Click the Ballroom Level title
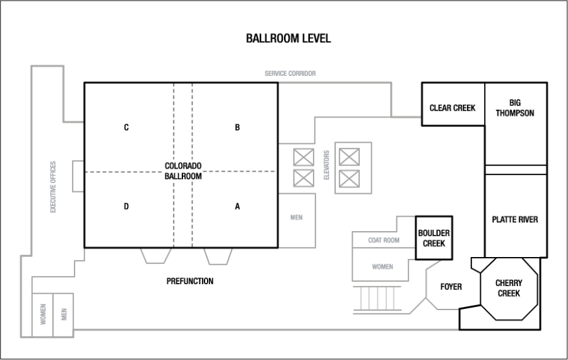(288, 39)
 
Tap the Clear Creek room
(453, 104)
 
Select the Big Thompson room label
(515, 108)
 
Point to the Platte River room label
(515, 219)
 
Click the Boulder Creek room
(434, 238)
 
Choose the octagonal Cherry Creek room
(509, 289)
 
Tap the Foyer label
(451, 287)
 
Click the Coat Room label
(384, 241)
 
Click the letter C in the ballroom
(126, 127)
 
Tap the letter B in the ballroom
(237, 127)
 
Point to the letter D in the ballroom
(126, 207)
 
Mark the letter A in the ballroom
(237, 207)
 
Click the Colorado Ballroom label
(183, 171)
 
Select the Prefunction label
(190, 281)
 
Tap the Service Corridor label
(290, 73)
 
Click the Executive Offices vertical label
(53, 187)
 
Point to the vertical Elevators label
(326, 165)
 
